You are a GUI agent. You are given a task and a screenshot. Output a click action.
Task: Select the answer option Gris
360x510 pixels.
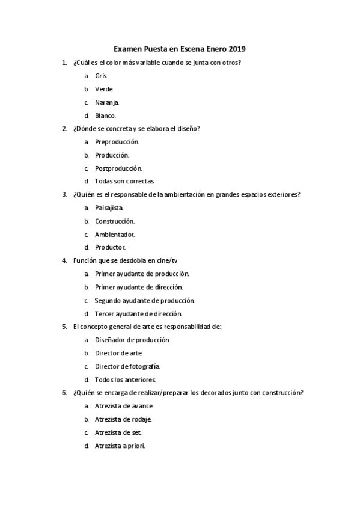click(x=101, y=76)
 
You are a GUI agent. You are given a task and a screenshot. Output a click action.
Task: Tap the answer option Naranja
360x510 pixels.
click(x=107, y=102)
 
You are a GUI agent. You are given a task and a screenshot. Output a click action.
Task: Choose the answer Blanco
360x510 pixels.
click(x=106, y=115)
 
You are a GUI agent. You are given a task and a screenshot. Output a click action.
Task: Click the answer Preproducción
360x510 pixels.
click(x=117, y=142)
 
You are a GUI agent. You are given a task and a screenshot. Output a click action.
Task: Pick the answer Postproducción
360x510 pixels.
click(x=118, y=168)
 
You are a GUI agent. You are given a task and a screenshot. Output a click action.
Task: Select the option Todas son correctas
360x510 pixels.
click(x=125, y=181)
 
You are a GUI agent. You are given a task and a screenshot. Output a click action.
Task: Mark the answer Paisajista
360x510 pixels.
click(x=109, y=207)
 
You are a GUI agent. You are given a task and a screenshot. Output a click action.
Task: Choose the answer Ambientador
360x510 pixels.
click(x=114, y=234)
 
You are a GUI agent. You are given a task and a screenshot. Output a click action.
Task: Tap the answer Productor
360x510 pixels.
click(x=110, y=247)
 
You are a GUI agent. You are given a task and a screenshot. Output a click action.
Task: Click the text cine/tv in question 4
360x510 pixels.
click(x=165, y=260)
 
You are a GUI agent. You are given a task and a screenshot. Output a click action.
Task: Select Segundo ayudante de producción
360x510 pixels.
click(x=144, y=300)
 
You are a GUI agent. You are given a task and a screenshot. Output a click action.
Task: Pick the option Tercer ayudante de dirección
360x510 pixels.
click(x=138, y=313)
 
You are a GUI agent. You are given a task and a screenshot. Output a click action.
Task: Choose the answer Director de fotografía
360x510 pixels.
click(x=127, y=366)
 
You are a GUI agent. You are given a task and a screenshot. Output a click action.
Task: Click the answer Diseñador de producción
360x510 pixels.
click(x=132, y=340)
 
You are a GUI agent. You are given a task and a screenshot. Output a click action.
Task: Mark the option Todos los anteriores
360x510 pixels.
click(x=126, y=379)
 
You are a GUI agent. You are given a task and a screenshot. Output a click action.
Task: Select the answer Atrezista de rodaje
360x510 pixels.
click(x=123, y=419)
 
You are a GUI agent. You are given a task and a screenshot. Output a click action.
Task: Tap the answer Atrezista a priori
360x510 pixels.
click(x=120, y=446)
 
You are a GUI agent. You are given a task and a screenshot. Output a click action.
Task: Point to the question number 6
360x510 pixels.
click(x=64, y=393)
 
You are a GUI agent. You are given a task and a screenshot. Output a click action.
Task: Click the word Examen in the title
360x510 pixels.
click(x=128, y=49)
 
